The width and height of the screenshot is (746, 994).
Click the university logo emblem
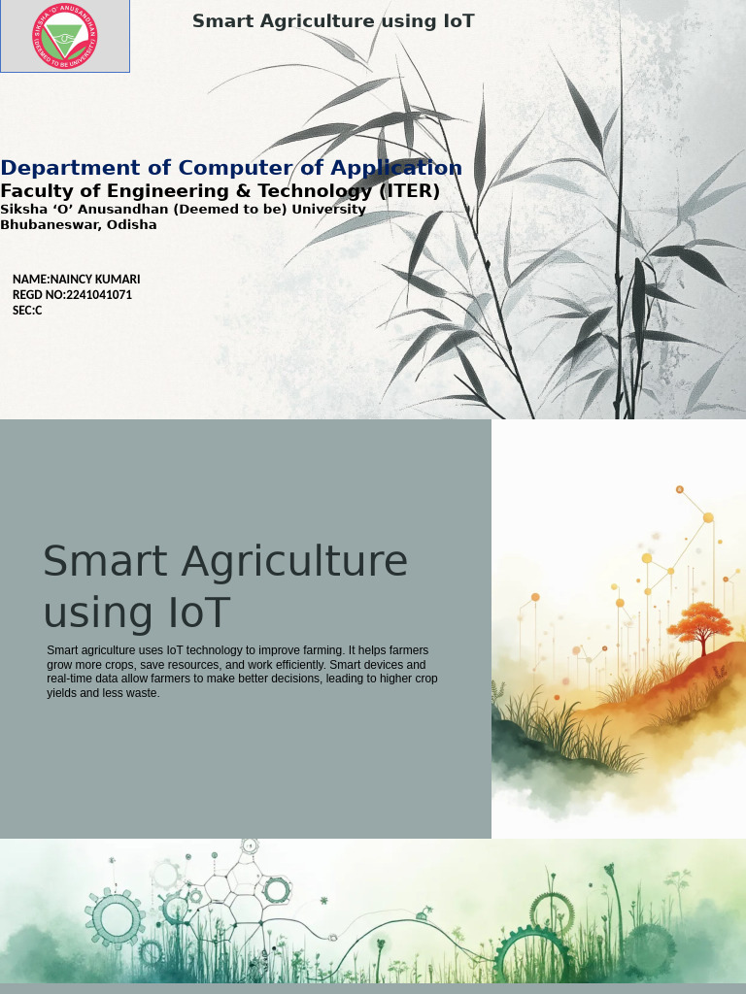pos(64,36)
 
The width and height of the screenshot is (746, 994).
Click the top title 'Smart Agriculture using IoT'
pos(333,21)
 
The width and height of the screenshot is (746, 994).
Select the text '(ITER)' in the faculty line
pos(409,191)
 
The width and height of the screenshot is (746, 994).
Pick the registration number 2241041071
pos(99,295)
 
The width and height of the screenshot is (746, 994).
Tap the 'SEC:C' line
pos(27,311)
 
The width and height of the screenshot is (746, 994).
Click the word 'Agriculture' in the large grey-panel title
pos(294,562)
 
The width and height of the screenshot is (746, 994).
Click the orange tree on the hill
pos(699,622)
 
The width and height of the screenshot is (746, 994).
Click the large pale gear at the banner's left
pos(116,916)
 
